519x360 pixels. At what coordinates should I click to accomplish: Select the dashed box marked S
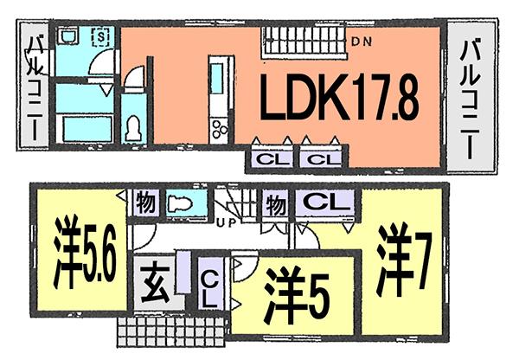click(x=100, y=37)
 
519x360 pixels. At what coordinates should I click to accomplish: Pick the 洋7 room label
click(x=403, y=260)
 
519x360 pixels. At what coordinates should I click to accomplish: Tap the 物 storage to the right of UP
click(x=277, y=204)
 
